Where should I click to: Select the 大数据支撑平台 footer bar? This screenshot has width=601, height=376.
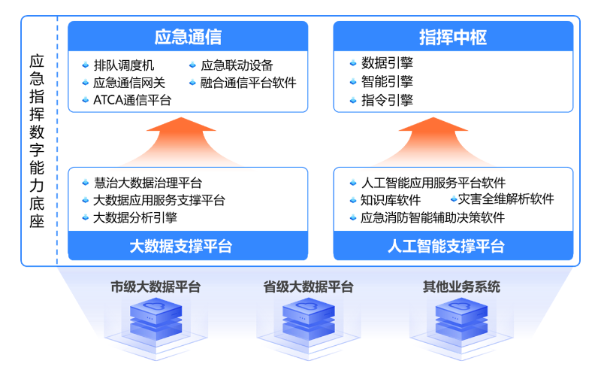click(188, 246)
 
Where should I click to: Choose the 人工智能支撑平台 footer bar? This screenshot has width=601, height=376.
click(453, 246)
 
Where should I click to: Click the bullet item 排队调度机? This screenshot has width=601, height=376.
click(123, 65)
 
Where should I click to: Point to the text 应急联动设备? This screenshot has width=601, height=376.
click(237, 65)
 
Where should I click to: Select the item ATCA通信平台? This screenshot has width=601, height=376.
click(132, 100)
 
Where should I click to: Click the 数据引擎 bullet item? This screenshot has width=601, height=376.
click(387, 63)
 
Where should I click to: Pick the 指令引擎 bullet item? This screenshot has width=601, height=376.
click(387, 99)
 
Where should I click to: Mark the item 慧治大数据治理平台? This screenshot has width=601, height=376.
click(147, 183)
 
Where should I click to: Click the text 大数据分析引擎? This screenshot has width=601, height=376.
click(135, 219)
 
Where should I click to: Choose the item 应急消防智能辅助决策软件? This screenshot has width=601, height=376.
click(433, 218)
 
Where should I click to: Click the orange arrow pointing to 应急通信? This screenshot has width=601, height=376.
click(188, 139)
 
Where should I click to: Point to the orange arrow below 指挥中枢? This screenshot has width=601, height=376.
click(453, 139)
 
